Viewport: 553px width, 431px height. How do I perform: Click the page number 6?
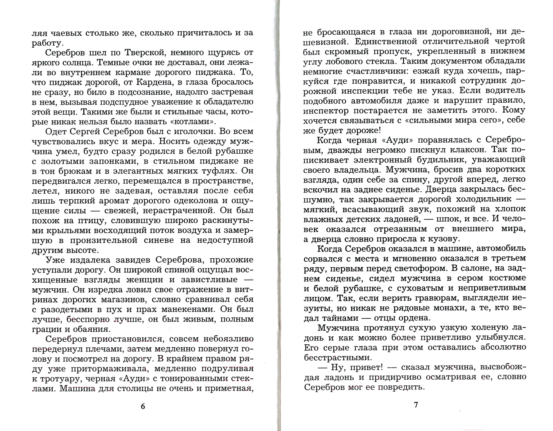pyautogui.click(x=143, y=406)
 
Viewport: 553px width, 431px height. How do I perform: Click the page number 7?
pyautogui.click(x=416, y=405)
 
